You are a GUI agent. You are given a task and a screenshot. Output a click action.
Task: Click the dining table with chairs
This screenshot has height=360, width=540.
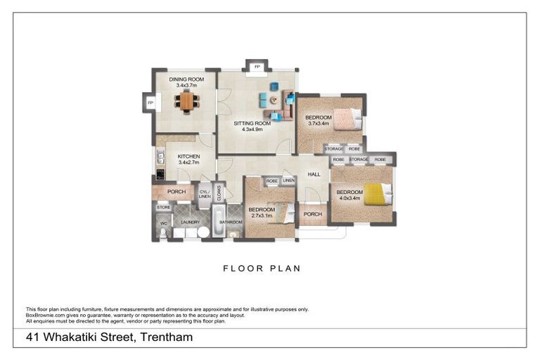click(186, 101)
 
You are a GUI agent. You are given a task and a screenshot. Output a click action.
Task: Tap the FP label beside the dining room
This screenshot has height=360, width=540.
click(150, 103)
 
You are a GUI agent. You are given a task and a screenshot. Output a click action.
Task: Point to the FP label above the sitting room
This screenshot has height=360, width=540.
click(257, 67)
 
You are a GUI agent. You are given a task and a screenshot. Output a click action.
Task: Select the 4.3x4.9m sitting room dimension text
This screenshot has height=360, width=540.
click(252, 129)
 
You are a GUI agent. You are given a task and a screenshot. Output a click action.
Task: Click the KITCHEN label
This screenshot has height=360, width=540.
click(188, 156)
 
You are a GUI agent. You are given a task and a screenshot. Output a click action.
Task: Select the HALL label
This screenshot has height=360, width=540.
click(314, 174)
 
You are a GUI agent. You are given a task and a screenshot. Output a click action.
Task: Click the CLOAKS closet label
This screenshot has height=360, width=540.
click(219, 193)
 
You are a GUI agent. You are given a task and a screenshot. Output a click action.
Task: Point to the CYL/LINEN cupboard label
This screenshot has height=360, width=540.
click(204, 193)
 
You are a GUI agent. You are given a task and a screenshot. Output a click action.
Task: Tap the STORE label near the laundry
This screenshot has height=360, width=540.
click(163, 207)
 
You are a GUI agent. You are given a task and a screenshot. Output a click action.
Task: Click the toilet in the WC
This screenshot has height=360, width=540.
click(163, 233)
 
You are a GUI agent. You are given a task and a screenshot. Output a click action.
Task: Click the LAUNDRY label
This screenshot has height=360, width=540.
click(191, 222)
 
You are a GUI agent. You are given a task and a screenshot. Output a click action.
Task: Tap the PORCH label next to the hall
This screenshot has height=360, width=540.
click(313, 214)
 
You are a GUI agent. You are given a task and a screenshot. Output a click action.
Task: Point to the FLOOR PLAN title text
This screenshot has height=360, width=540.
click(262, 268)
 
